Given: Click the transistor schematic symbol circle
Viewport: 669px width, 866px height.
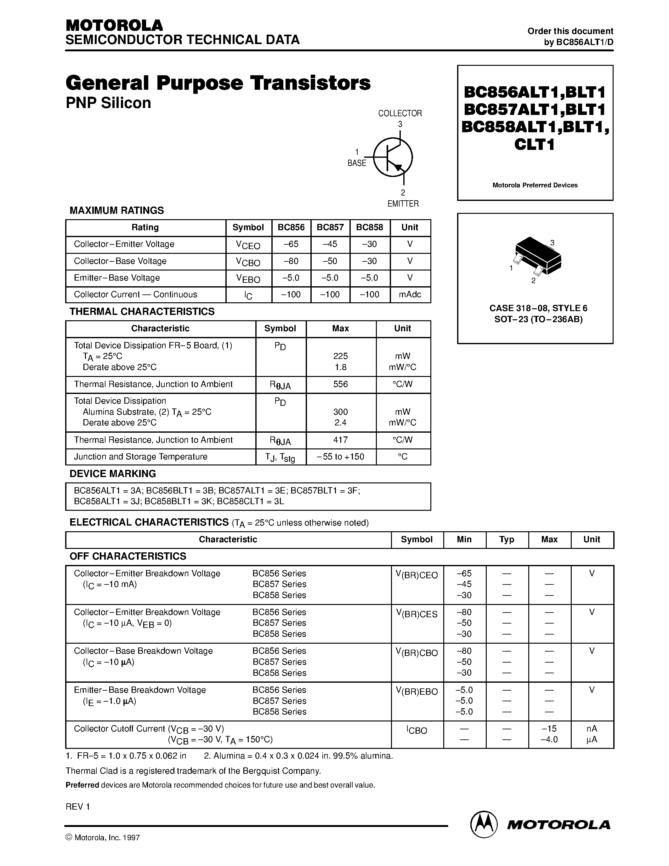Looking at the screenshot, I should pos(393,157).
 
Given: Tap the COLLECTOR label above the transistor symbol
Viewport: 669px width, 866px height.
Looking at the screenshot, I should pos(400,113).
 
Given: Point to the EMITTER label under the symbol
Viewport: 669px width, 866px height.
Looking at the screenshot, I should pos(403,203).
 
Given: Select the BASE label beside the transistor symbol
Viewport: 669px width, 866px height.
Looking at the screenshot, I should pos(357,163).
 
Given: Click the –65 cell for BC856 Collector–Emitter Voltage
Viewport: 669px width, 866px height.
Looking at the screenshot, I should pos(291,244).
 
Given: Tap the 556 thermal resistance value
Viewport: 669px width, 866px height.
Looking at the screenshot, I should pos(340,384).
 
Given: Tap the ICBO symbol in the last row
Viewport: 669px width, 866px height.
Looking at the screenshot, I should pos(417,730).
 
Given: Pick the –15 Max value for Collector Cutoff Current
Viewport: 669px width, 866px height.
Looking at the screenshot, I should pos(549,728).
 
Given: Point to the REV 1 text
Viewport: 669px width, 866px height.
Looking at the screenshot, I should pos(78,806).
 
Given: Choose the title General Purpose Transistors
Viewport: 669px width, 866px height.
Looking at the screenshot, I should pos(218,83).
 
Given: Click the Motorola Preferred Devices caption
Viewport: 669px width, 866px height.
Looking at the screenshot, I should pos(535,185).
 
